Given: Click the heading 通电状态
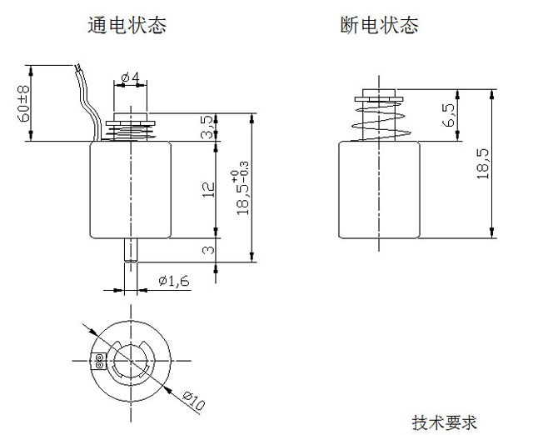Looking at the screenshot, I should [127, 25].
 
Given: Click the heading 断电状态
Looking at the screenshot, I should [380, 25].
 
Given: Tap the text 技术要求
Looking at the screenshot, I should [445, 422].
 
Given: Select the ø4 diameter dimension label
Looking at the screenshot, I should [130, 78].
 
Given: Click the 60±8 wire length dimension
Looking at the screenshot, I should [25, 103].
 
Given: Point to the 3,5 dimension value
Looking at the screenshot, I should [207, 127].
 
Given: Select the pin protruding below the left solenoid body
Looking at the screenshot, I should [131, 251].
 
